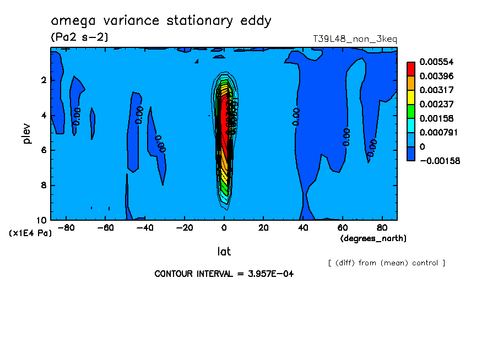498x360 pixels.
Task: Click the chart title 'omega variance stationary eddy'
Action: [161, 21]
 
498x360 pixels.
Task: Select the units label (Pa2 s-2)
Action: [79, 37]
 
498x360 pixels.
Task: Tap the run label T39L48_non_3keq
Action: [355, 39]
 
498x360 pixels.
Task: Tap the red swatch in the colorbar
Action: [411, 69]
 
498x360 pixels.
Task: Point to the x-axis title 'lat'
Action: [224, 252]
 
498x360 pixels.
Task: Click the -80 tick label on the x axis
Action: [66, 227]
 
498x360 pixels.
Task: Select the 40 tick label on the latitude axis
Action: [302, 227]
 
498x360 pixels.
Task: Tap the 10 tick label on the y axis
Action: [42, 220]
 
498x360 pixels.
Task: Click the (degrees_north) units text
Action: [373, 238]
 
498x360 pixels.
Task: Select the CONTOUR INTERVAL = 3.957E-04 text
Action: [224, 274]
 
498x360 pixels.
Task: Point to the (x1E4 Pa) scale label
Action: [30, 233]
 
